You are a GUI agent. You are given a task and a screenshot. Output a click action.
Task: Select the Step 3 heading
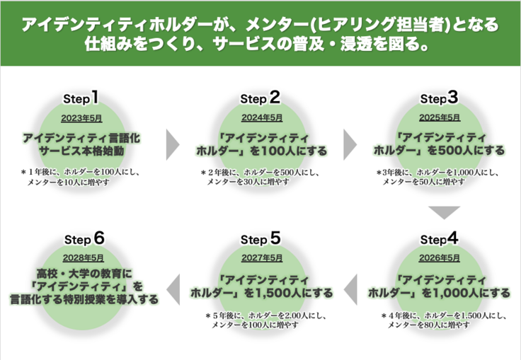439,98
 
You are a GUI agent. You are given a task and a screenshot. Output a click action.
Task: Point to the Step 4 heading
439,238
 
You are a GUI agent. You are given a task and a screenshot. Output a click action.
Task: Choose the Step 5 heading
260,238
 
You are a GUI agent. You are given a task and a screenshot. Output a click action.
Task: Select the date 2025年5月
439,117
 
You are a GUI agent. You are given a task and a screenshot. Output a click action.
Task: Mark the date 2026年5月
439,257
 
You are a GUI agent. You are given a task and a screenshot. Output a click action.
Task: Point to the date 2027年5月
261,257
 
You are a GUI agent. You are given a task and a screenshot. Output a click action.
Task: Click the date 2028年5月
83,257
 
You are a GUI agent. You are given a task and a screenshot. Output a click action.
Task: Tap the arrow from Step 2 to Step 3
350,145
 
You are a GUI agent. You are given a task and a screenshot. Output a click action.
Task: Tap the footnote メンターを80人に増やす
428,325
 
